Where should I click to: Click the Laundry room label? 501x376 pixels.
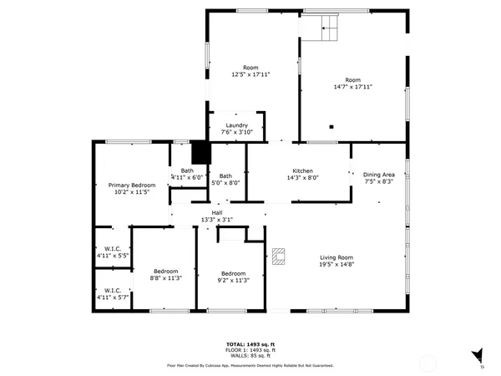(x=236, y=125)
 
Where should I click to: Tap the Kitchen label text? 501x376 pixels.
(x=302, y=170)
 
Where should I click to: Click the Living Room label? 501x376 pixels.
(x=337, y=257)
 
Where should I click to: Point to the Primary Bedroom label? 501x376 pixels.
(x=132, y=185)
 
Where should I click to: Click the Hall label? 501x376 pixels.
(x=216, y=213)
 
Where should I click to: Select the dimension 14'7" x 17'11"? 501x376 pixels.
(x=352, y=86)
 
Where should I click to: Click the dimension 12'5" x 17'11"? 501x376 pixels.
(x=250, y=74)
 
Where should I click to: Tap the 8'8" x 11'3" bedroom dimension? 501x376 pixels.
(x=164, y=279)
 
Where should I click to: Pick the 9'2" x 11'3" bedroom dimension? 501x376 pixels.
(x=233, y=281)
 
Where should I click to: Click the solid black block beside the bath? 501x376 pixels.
(x=200, y=152)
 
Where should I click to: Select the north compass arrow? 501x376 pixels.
(x=478, y=356)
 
